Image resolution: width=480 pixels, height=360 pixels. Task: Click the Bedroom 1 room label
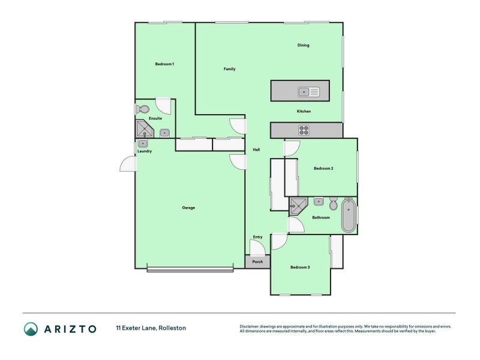[x=164, y=64]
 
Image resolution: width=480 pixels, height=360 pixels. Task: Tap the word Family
[x=229, y=69]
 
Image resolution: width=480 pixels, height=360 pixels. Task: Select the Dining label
[x=303, y=45]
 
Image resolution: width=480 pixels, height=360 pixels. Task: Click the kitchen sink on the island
[x=309, y=92]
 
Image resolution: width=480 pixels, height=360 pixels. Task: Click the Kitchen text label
[x=304, y=112]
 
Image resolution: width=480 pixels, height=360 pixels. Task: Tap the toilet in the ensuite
[x=142, y=109]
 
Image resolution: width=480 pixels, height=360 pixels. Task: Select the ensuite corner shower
[x=144, y=130]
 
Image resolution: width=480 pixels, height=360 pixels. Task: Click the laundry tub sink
[x=143, y=144]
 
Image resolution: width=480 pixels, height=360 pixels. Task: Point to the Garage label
[x=188, y=208]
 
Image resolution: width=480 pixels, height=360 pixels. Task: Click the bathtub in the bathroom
[x=348, y=217]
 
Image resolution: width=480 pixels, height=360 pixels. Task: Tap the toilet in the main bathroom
[x=334, y=203]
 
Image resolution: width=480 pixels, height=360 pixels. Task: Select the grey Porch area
[x=257, y=262]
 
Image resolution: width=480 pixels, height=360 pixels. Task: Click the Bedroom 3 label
[x=300, y=267]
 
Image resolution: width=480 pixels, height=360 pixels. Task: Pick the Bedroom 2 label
[x=323, y=169]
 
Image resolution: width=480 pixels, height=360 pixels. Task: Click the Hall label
[x=256, y=149]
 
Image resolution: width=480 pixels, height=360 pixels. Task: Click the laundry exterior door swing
[x=127, y=163]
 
